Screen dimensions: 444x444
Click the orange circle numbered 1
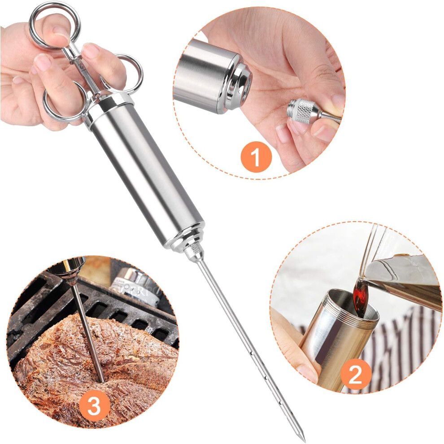(x=256, y=157)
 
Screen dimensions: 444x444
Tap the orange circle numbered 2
(x=356, y=374)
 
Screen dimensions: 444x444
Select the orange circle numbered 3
(x=94, y=406)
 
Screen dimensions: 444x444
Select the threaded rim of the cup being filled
(x=354, y=307)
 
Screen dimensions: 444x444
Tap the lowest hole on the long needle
(x=280, y=401)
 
